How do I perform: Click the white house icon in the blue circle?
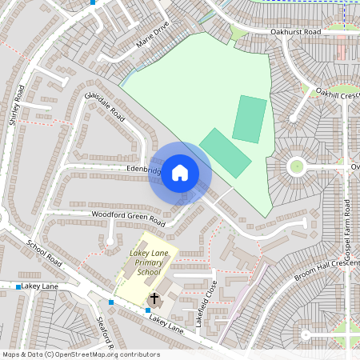180,173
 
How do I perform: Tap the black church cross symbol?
154,298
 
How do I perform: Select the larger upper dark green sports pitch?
250,120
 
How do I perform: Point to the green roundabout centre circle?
297,166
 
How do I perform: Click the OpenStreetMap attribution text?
81,354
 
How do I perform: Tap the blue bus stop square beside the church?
148,310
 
